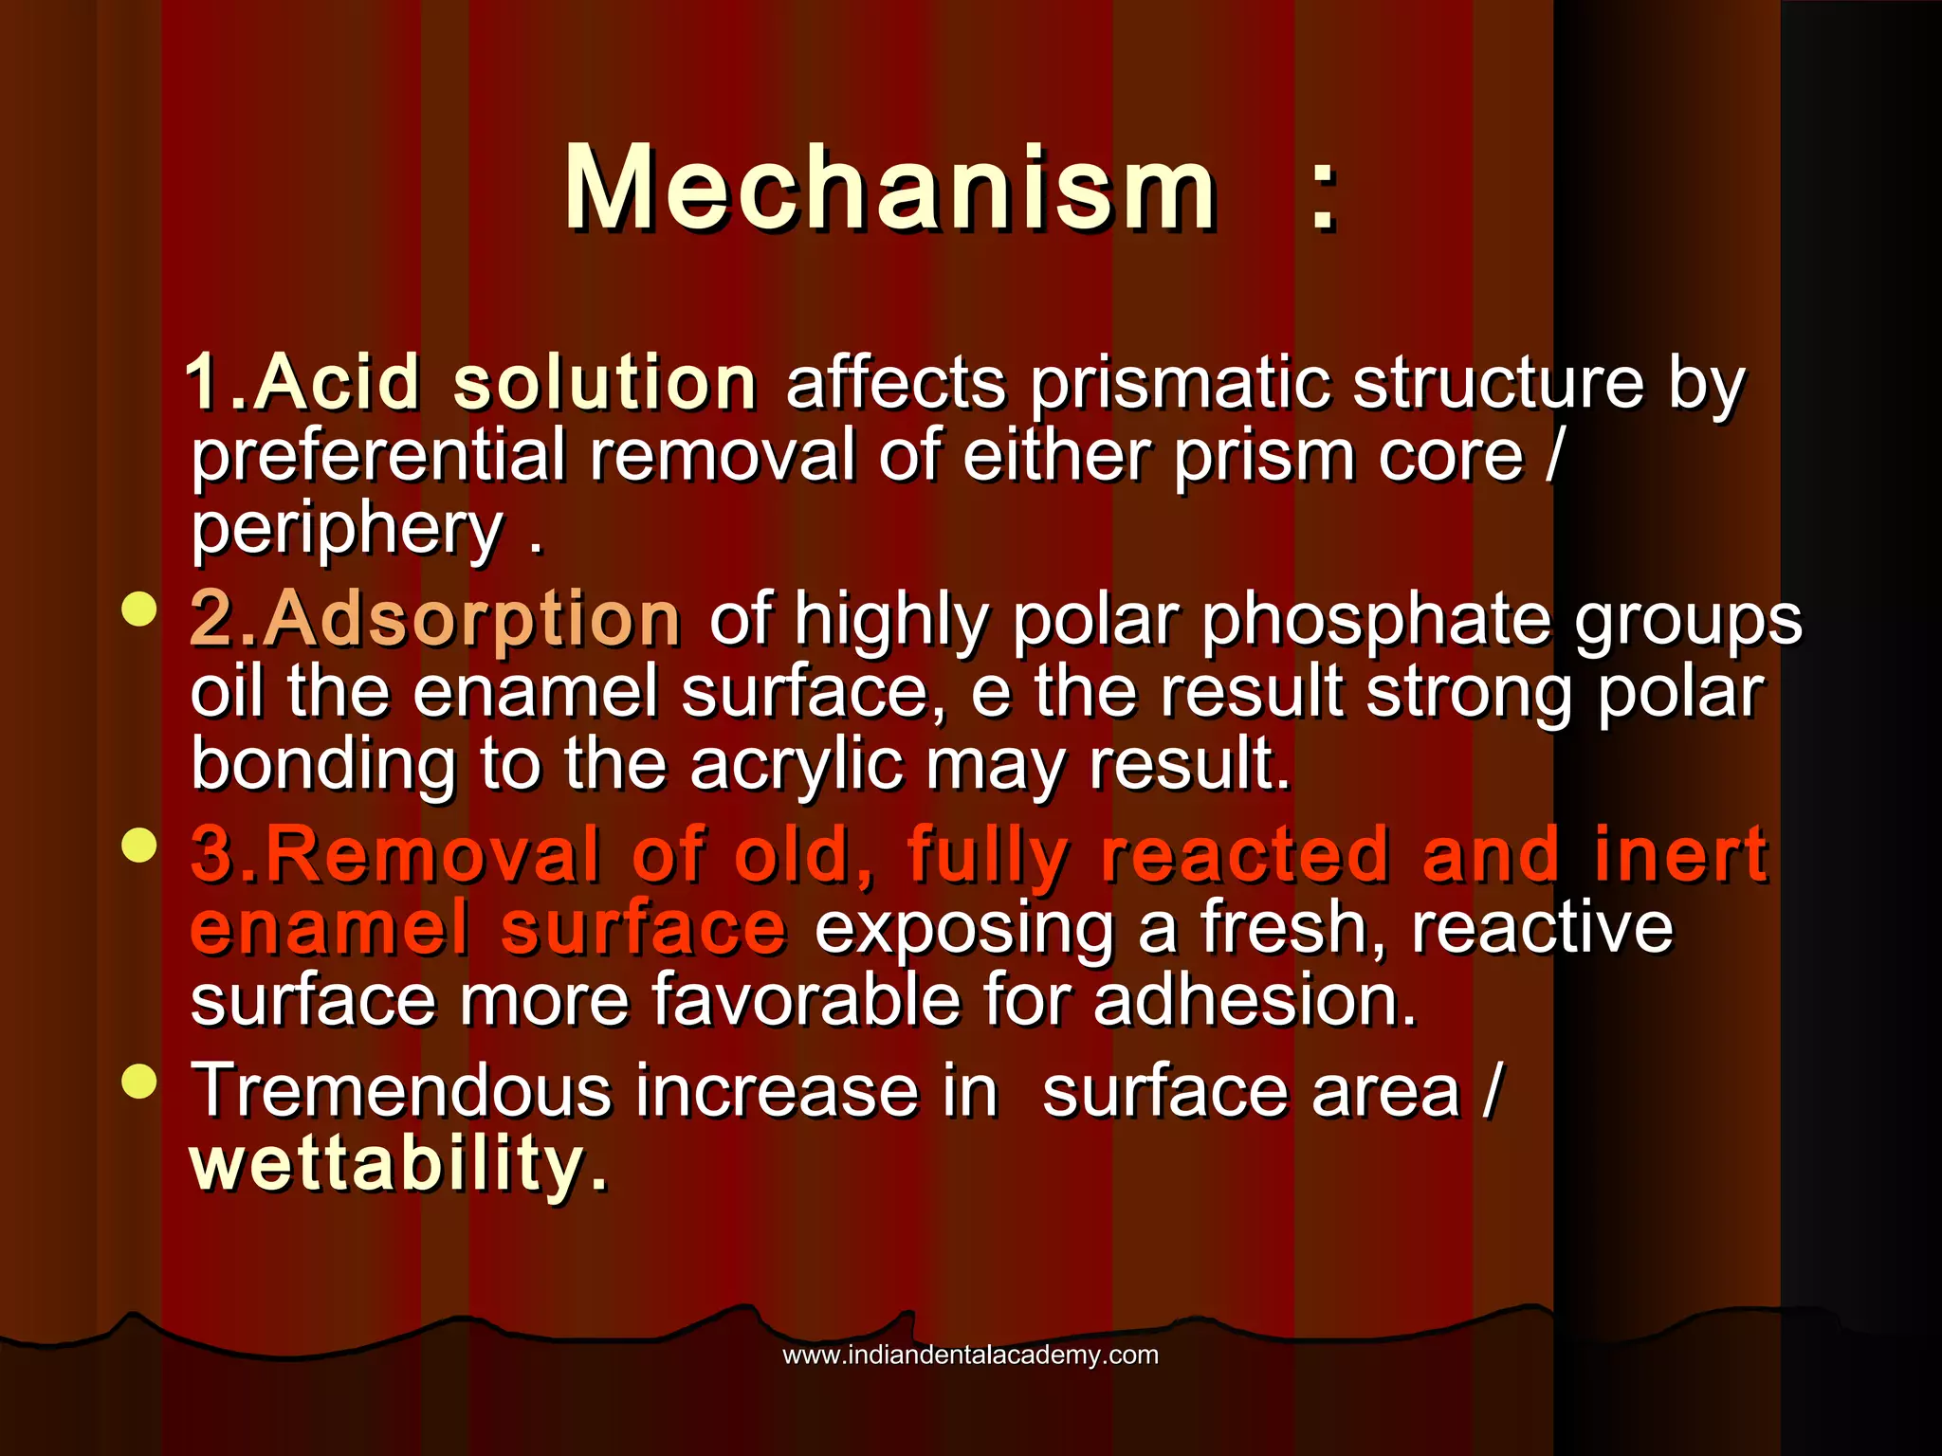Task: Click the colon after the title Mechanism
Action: [x=1324, y=194]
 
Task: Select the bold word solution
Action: [x=605, y=383]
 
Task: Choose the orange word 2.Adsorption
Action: [x=435, y=619]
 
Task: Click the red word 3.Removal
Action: [x=395, y=855]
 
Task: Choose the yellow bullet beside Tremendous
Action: [x=139, y=1081]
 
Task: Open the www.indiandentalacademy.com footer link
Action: [x=970, y=1355]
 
